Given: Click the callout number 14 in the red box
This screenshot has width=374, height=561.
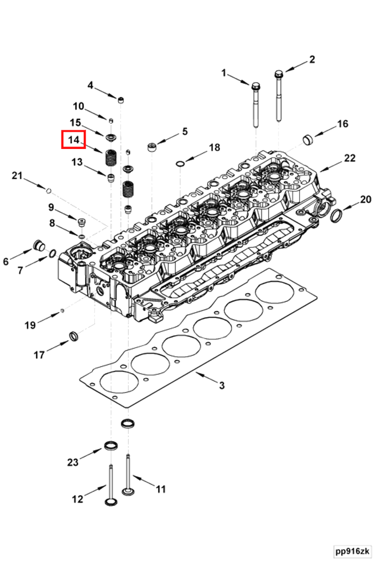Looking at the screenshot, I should tap(73, 140).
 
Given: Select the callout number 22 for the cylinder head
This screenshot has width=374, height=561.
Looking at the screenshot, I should tap(349, 158).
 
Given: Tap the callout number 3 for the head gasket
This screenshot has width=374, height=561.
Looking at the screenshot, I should tap(222, 385).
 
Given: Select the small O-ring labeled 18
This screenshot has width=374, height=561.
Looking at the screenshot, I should tap(181, 163).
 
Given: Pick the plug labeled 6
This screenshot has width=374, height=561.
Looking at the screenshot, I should tap(38, 245).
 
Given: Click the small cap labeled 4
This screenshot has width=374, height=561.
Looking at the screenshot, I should tap(120, 100).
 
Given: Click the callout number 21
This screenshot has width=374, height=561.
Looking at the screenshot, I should tap(18, 176).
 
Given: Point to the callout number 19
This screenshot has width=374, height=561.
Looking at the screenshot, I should tap(30, 325).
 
